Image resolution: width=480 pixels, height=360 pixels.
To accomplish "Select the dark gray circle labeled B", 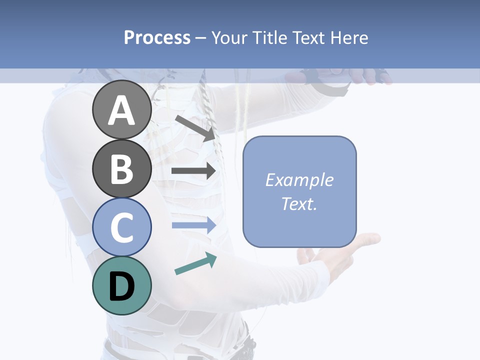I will pos(122,168).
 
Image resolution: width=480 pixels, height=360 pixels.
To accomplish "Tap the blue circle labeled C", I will pos(122,227).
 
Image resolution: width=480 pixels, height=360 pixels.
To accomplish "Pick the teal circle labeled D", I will pos(122,285).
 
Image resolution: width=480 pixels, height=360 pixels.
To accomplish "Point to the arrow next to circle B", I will pos(193,171).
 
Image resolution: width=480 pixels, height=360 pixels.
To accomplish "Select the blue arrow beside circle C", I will pos(193,225).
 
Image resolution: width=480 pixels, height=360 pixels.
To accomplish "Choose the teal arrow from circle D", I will pos(195,263).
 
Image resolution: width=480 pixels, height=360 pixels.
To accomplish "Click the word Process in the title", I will pos(157,37).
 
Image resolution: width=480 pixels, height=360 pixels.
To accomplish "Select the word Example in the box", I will pos(299,180).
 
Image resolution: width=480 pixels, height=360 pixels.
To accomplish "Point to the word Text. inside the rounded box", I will pos(299,203).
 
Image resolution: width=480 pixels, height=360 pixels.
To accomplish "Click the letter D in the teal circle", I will pos(122,286).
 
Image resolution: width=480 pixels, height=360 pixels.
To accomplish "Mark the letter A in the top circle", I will pos(122,110).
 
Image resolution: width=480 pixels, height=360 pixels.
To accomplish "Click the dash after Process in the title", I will pos(200,38).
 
